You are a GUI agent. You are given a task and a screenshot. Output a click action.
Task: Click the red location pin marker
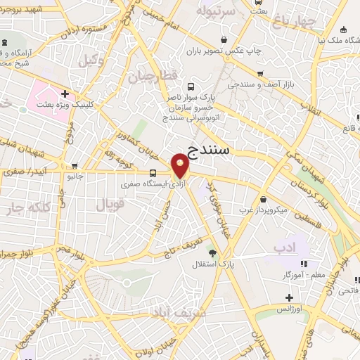180,167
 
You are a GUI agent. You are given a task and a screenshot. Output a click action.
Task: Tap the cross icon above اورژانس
289,297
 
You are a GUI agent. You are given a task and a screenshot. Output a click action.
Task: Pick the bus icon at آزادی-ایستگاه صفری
153,174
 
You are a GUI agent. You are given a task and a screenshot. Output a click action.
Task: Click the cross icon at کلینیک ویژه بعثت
65,93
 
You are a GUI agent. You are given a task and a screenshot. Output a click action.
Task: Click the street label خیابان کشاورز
134,131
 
